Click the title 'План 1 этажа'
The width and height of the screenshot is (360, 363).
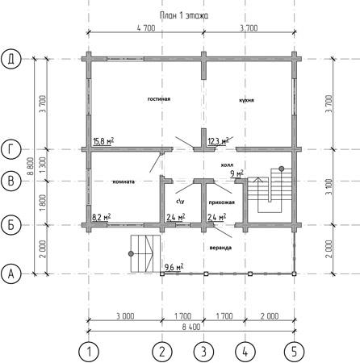click(x=184, y=15)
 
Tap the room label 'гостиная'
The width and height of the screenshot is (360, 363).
click(x=159, y=99)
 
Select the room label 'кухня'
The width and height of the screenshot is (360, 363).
click(x=246, y=100)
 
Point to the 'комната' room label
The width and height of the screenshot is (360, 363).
click(x=123, y=181)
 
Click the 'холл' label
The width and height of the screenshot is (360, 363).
click(x=227, y=165)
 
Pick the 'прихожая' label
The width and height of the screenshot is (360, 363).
click(x=222, y=202)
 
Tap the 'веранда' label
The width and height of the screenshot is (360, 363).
click(x=220, y=248)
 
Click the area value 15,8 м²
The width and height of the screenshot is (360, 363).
click(x=103, y=141)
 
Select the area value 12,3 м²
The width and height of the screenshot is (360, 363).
click(x=218, y=141)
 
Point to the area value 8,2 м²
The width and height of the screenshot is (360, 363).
click(x=102, y=217)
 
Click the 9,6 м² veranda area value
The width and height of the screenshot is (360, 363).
click(x=174, y=267)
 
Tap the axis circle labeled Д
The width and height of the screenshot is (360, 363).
click(x=11, y=59)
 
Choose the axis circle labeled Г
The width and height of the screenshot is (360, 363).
click(x=11, y=149)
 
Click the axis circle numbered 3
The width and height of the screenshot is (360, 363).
click(x=203, y=352)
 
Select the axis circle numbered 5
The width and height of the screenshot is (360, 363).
click(x=295, y=352)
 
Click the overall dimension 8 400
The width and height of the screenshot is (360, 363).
click(x=191, y=327)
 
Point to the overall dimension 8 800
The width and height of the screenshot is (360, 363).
click(x=31, y=166)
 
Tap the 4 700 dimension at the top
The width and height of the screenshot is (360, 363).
click(x=146, y=28)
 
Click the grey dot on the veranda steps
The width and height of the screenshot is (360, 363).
click(x=131, y=253)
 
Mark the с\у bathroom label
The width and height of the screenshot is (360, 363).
click(x=180, y=201)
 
